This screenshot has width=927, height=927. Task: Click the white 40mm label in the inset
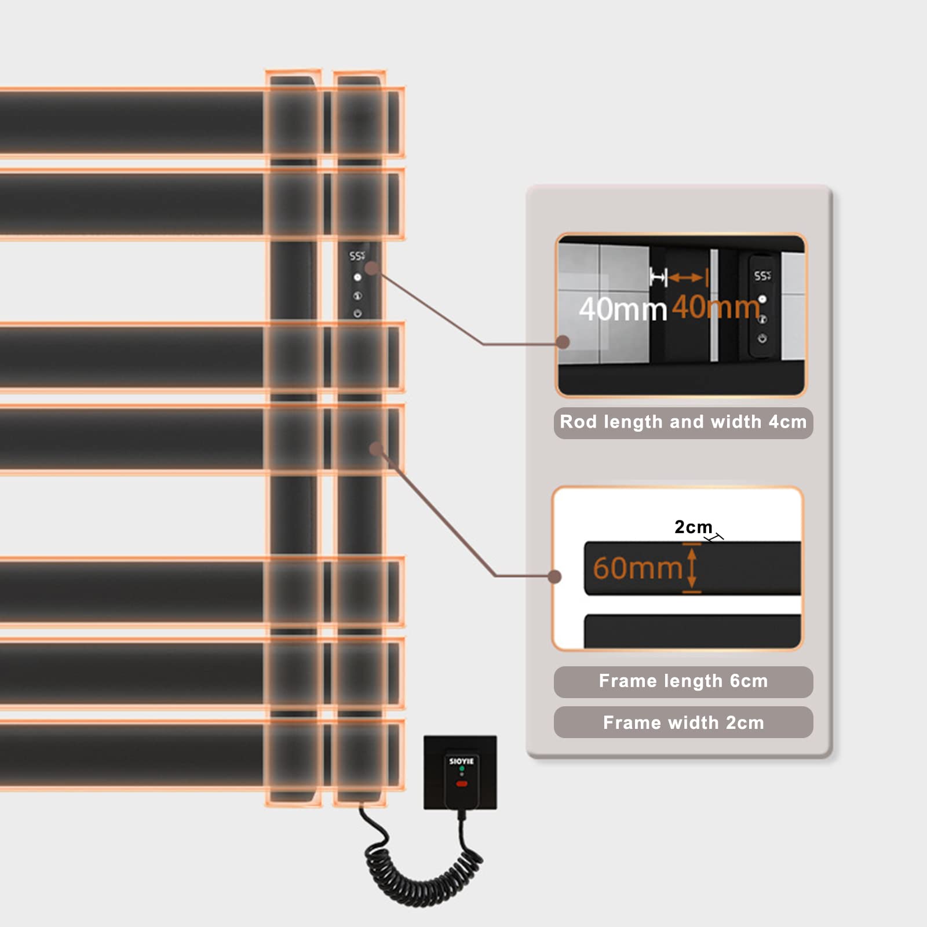pos(623,309)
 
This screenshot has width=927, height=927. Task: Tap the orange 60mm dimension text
pos(637,568)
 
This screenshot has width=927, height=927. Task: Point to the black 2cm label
pos(693,527)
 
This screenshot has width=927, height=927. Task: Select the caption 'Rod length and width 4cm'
pos(683,422)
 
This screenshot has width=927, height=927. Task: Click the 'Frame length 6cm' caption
pos(683,681)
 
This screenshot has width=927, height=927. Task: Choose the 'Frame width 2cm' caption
pos(683,722)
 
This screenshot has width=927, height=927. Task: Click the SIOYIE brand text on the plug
pos(461,761)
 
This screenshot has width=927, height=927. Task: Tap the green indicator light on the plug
pos(462,769)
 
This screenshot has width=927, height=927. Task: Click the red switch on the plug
pos(462,784)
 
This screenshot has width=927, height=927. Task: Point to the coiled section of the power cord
pos(423,869)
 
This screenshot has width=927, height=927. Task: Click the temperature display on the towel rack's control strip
pos(357,256)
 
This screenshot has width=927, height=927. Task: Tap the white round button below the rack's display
pos(357,278)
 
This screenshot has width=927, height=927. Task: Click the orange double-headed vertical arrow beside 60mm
pos(692,568)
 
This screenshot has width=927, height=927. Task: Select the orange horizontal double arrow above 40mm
pos(687,278)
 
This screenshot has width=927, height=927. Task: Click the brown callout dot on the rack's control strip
pos(372,268)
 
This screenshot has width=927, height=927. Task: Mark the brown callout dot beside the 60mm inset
pos(554,576)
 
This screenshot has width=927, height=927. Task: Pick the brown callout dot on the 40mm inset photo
pos(563,342)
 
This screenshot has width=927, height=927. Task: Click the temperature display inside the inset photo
pos(762,276)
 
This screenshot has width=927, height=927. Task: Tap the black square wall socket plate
pos(460,772)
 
